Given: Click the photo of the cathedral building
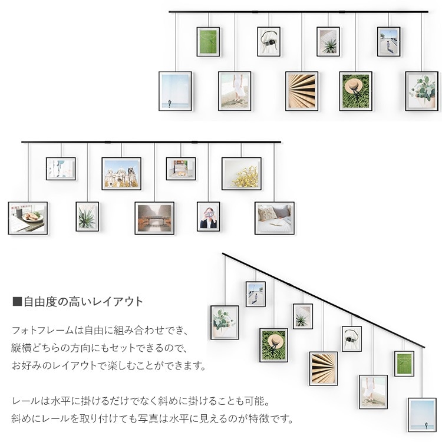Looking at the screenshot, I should click(x=121, y=173).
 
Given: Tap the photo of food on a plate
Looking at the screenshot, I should click(x=28, y=218).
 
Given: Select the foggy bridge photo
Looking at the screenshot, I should click(x=154, y=218).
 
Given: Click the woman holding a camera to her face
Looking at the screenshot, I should click(x=208, y=216).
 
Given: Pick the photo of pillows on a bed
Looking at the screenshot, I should click(x=274, y=217).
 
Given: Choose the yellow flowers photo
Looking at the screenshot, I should click(x=242, y=173).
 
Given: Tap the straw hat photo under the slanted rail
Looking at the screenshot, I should click(x=273, y=345).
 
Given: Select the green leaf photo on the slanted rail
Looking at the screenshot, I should click(x=404, y=364).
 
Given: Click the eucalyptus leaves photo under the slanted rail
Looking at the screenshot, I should click(x=225, y=322).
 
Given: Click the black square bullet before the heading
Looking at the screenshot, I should click(x=17, y=302).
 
